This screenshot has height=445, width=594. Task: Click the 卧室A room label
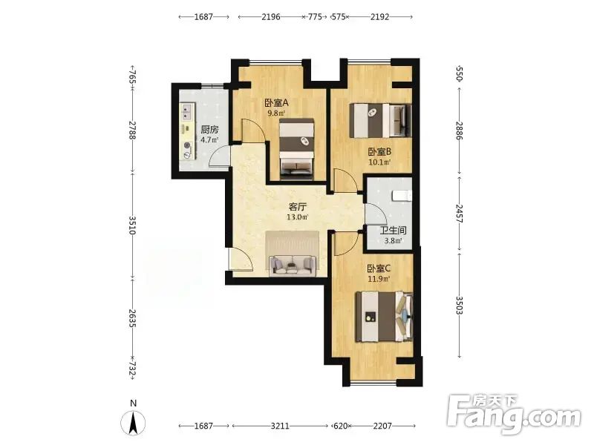click(x=276, y=102)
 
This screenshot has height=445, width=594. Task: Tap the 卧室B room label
click(x=379, y=152)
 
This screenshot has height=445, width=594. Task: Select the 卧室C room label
click(x=379, y=268)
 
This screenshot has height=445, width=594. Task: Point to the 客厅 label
click(x=298, y=207)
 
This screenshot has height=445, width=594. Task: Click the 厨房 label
click(x=209, y=130)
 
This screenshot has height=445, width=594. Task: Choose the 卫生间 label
click(x=394, y=231)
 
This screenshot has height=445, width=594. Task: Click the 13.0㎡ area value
click(x=298, y=217)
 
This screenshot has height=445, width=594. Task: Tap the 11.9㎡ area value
click(x=379, y=280)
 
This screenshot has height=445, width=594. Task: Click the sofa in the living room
click(x=293, y=265)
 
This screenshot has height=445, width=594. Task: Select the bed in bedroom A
click(x=297, y=149)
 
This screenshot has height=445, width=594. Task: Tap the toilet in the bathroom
click(x=402, y=196)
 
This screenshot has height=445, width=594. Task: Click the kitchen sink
click(x=186, y=113)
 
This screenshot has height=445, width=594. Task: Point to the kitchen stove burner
click(x=187, y=145)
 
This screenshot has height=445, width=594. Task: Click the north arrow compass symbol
click(x=133, y=422)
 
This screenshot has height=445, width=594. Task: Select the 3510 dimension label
click(x=133, y=225)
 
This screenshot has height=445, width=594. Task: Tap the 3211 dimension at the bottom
click(x=280, y=426)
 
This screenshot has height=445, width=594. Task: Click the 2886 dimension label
click(x=459, y=131)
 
